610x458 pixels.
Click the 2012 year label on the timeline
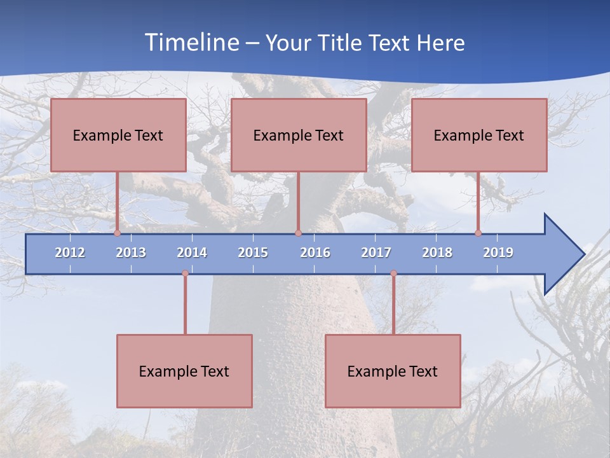pyautogui.click(x=70, y=253)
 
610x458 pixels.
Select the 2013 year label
pyautogui.click(x=131, y=253)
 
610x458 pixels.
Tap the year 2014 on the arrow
pyautogui.click(x=192, y=253)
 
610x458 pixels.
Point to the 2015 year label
pyautogui.click(x=253, y=253)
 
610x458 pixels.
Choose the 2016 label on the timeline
pyautogui.click(x=315, y=253)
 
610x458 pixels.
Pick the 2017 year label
pyautogui.click(x=376, y=253)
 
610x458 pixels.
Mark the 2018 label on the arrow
pyautogui.click(x=437, y=253)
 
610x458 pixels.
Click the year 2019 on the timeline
pyautogui.click(x=498, y=253)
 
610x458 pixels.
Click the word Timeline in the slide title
pyautogui.click(x=190, y=43)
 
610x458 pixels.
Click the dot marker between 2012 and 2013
pyautogui.click(x=117, y=233)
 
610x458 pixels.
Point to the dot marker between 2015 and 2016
pyautogui.click(x=298, y=233)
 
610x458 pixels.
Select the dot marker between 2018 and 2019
pyautogui.click(x=478, y=233)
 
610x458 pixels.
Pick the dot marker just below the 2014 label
pyautogui.click(x=185, y=274)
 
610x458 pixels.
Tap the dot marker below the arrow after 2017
pyautogui.click(x=393, y=274)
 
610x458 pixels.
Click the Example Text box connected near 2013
pyautogui.click(x=118, y=135)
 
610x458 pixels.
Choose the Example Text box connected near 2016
pyautogui.click(x=299, y=135)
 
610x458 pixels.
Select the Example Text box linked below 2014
pyautogui.click(x=184, y=371)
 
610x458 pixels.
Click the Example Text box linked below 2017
pyautogui.click(x=393, y=371)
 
